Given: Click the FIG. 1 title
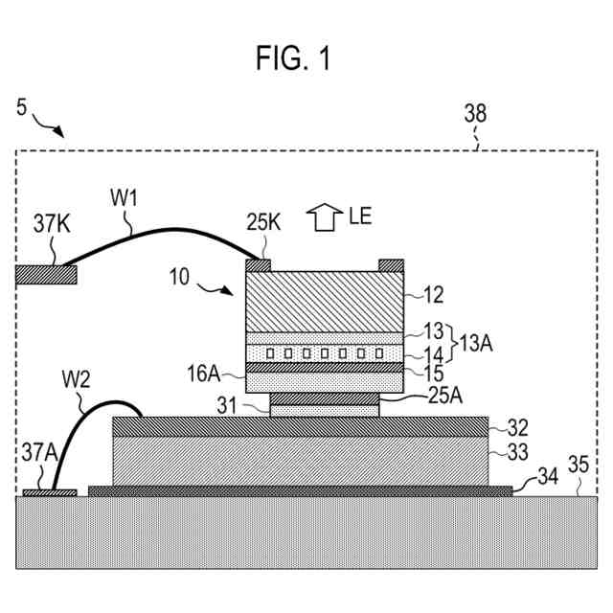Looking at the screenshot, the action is [x=293, y=57].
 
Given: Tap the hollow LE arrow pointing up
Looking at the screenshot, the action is [x=325, y=217].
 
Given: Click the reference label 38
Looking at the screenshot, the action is [x=475, y=113].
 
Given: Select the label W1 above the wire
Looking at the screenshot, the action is [x=124, y=198].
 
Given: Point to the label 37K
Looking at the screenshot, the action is [x=52, y=223].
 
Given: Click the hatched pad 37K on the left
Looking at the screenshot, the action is [x=46, y=275].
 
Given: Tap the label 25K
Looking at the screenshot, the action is [x=263, y=222].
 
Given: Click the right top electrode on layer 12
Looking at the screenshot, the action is [x=392, y=265].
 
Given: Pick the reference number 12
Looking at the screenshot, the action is [x=434, y=295].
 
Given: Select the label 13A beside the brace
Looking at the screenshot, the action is [x=476, y=343].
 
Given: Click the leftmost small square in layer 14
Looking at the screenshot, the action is [x=270, y=353].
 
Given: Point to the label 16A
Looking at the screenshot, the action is [x=204, y=374].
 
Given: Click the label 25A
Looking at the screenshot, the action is [x=445, y=396].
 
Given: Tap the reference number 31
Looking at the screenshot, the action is [x=227, y=406].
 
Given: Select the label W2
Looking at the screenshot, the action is [x=77, y=379].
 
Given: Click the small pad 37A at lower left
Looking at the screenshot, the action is [x=50, y=493].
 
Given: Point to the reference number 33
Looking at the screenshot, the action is [x=517, y=452].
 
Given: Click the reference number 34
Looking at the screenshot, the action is [x=548, y=477].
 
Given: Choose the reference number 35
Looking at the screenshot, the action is [x=579, y=465].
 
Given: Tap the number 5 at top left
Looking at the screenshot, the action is [x=21, y=106].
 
